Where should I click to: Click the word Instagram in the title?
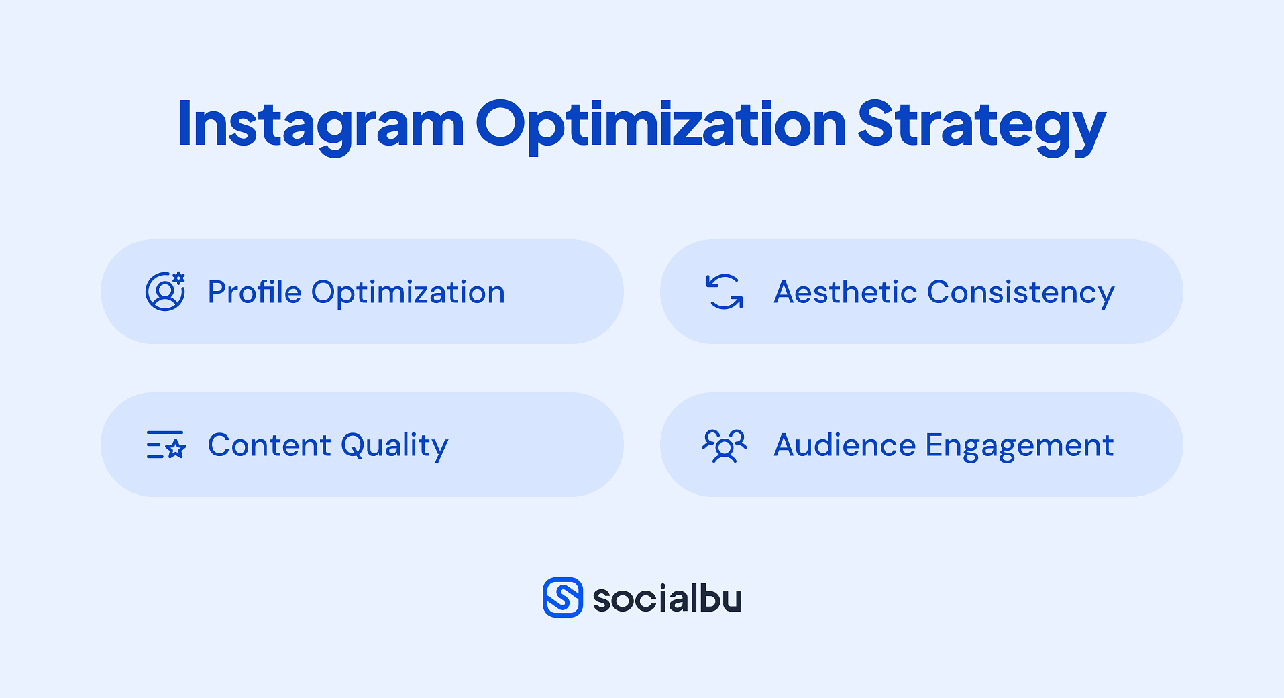(x=321, y=125)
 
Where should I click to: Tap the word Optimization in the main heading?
(x=661, y=125)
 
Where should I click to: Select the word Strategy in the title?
(x=981, y=125)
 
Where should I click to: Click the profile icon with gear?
(x=165, y=291)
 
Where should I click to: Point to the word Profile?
(x=255, y=292)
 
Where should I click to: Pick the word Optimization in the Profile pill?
(x=408, y=293)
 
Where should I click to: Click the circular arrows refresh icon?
(x=725, y=292)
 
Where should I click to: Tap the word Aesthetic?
(x=845, y=292)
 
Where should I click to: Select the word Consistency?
(x=1020, y=293)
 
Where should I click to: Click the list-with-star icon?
(x=166, y=445)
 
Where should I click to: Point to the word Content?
(x=270, y=445)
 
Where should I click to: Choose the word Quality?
(x=394, y=446)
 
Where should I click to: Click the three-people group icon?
(x=725, y=445)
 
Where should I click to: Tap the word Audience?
(x=845, y=445)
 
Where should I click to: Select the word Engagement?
(x=1020, y=446)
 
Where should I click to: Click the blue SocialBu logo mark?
(x=563, y=597)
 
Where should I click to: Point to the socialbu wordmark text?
(x=667, y=598)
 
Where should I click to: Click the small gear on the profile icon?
(x=178, y=278)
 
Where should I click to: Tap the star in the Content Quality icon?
(x=176, y=449)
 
